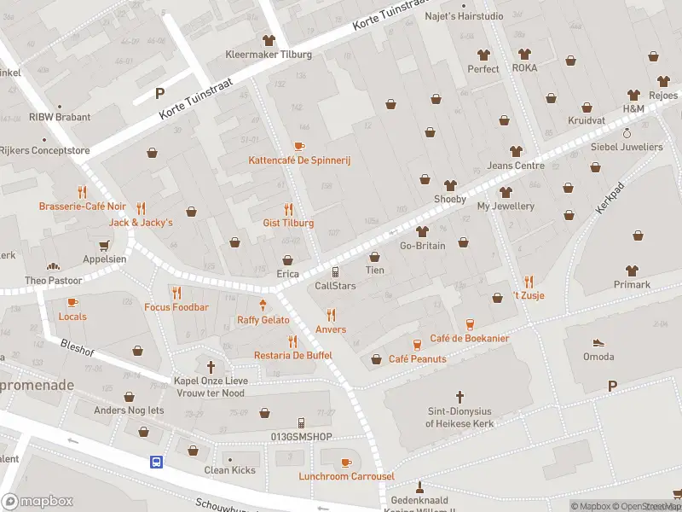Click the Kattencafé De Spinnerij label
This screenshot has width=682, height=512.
(x=299, y=160)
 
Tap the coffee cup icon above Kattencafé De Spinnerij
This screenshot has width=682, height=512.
(x=299, y=147)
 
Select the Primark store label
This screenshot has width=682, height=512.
(x=632, y=284)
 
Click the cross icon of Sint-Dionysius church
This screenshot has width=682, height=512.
(x=460, y=397)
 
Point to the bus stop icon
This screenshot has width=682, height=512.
(x=157, y=462)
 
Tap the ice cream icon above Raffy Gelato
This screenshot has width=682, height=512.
(x=263, y=305)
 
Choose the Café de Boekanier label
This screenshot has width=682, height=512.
(x=469, y=338)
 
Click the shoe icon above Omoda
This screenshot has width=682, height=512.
(x=598, y=341)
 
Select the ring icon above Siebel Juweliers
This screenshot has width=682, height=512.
(x=627, y=133)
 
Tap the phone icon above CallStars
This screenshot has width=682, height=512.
(x=336, y=271)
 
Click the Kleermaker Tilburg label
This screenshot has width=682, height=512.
(x=269, y=55)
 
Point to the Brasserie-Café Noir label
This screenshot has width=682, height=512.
(x=82, y=206)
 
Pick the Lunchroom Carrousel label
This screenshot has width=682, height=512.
(x=346, y=476)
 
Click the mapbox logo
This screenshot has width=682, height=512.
(x=38, y=501)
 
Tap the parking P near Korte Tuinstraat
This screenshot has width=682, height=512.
(x=159, y=93)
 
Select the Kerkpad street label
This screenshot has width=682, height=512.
(x=610, y=197)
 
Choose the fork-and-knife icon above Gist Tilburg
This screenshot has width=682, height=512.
(x=288, y=209)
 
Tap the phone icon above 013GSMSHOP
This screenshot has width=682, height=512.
(x=301, y=423)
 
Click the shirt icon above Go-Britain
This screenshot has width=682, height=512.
(x=422, y=231)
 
